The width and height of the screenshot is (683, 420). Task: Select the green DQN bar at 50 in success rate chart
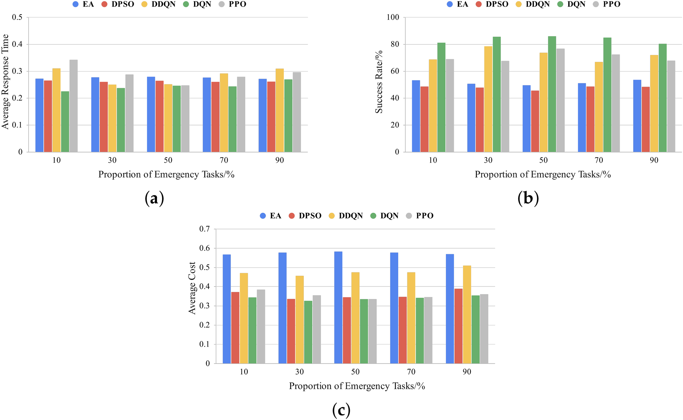click(x=552, y=94)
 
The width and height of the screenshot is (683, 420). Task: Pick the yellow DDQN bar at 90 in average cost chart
click(x=467, y=315)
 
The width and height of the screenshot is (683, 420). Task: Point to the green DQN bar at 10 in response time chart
click(x=65, y=122)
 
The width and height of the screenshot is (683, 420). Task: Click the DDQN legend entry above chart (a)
click(x=159, y=4)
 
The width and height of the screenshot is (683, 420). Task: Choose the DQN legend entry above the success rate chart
click(x=571, y=4)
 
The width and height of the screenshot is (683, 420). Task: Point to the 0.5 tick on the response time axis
click(x=17, y=17)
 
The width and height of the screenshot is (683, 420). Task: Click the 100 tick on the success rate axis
click(x=393, y=17)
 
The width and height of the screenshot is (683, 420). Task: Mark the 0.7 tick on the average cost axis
click(x=205, y=229)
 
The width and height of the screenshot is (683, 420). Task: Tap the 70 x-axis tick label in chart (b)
click(x=599, y=160)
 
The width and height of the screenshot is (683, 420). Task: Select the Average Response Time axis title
click(x=5, y=82)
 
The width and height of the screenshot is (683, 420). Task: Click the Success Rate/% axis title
click(x=379, y=82)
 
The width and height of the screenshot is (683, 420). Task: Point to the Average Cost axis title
click(x=192, y=288)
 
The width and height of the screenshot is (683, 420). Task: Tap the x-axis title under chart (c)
click(x=357, y=386)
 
